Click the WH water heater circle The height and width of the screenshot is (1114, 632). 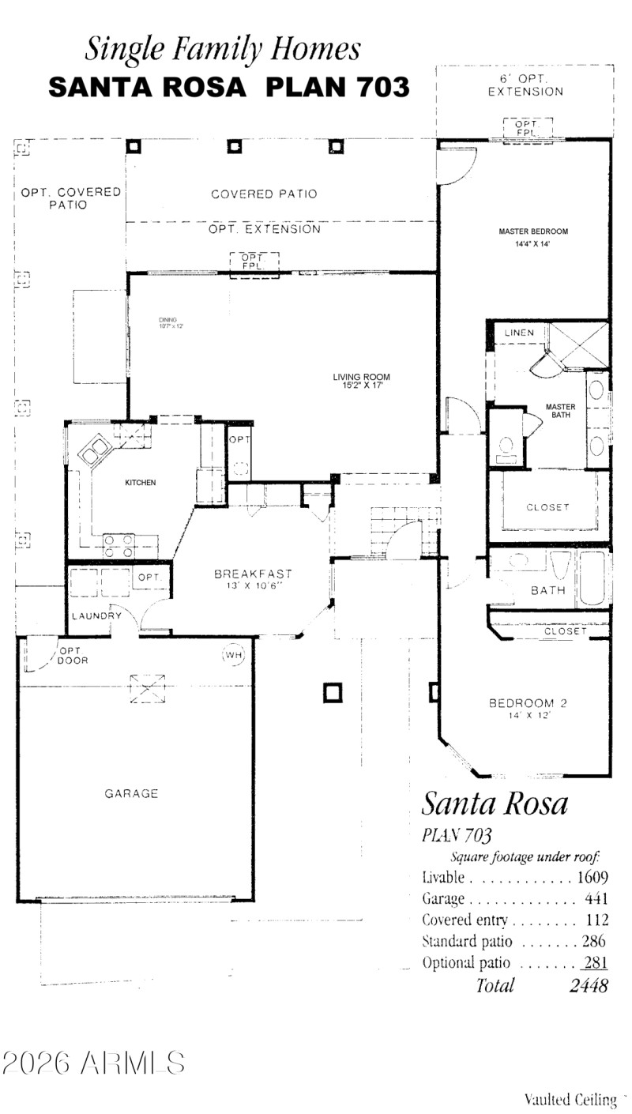click(233, 654)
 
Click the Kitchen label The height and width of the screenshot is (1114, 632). click(141, 482)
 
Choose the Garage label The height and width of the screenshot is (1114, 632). click(131, 793)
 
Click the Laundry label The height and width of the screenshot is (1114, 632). click(96, 615)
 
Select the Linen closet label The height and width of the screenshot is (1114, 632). click(519, 333)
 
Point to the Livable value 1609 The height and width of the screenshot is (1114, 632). click(592, 877)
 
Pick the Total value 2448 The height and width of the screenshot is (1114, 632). click(589, 985)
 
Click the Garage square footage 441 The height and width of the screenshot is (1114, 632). click(596, 898)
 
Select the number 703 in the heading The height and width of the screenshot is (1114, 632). click(382, 87)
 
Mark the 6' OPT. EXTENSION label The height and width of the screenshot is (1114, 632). click(525, 85)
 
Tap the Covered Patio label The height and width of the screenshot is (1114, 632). click(264, 194)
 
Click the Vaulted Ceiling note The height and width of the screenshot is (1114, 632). click(570, 1099)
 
